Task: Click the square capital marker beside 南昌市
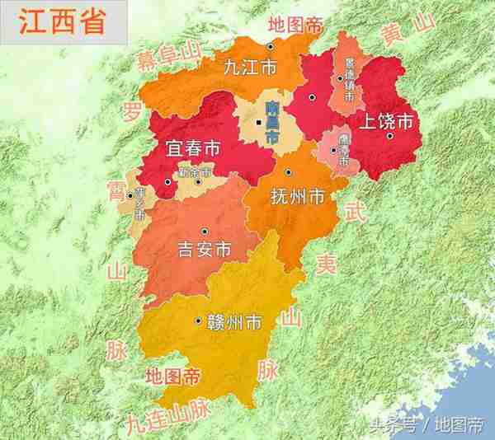point(259,122)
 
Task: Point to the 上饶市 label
point(382,120)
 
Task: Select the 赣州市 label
point(233,321)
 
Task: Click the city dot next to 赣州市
point(198,321)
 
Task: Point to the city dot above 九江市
point(271,46)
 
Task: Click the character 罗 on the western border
point(130,111)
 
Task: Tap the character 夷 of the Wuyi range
point(328,263)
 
